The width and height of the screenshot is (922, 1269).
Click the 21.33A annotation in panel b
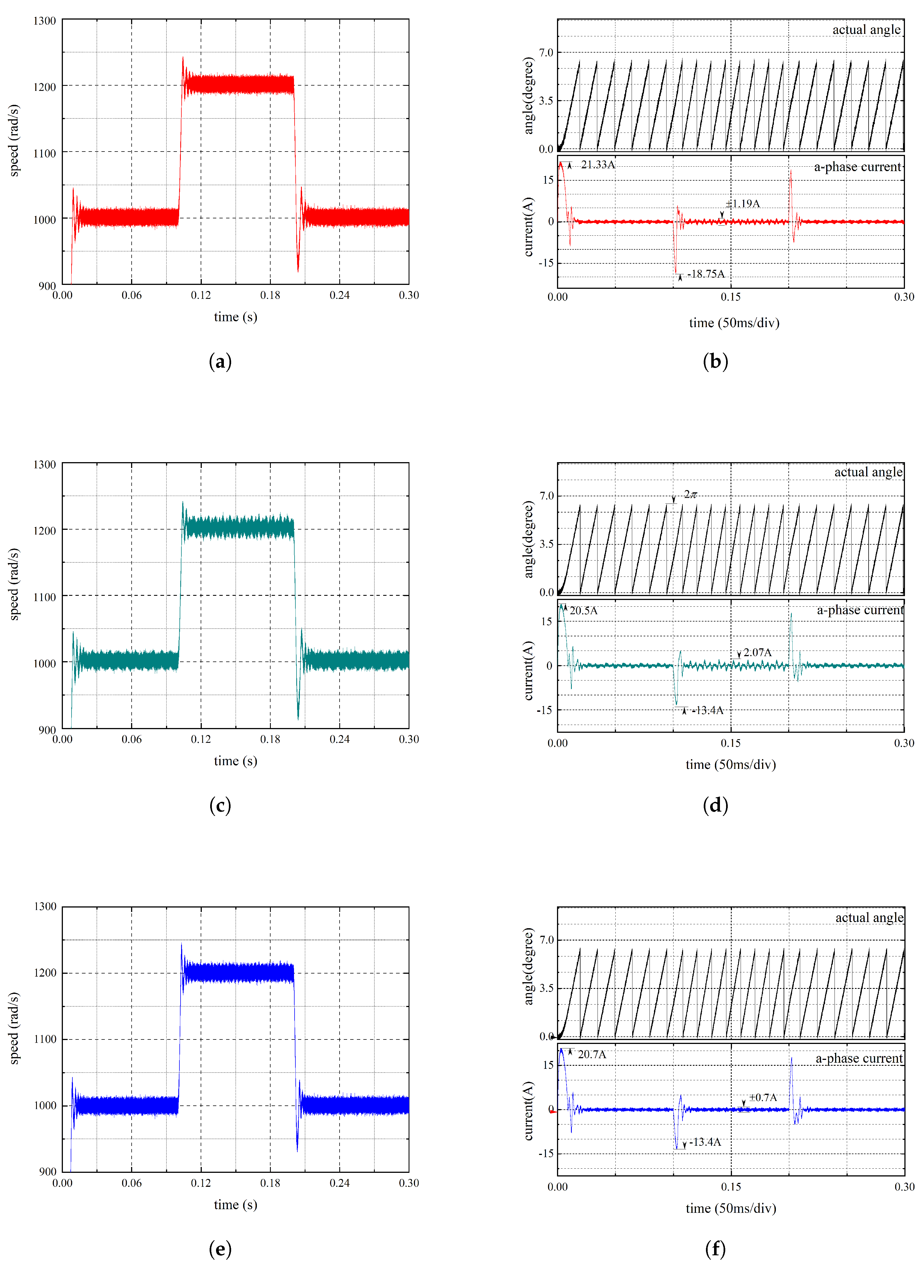pos(598,164)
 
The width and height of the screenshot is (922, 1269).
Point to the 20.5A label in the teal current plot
pos(584,610)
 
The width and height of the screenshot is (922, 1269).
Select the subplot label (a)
pos(220,361)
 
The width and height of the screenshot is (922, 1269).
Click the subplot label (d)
pos(715,805)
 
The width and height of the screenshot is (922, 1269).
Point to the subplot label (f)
pos(715,1249)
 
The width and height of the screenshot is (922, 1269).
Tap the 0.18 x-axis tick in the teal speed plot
pos(270,739)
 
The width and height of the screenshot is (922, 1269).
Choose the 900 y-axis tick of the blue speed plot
pos(48,1172)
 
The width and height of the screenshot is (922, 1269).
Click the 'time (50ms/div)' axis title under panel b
pos(734,323)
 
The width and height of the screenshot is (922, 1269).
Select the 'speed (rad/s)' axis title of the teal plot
pos(14,584)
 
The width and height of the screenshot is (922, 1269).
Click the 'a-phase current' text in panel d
pos(860,610)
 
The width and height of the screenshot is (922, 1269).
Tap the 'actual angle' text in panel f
pos(869,918)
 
